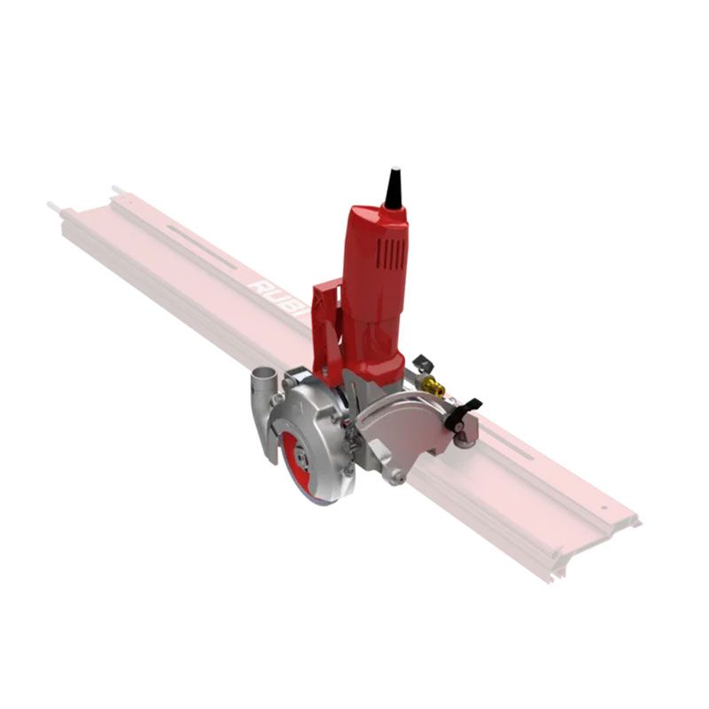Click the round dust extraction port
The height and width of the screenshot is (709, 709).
(x=262, y=380)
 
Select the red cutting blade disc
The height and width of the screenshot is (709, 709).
(x=292, y=465)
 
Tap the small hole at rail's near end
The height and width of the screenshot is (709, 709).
(x=605, y=508)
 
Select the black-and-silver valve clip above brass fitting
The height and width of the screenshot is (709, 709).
(x=422, y=363)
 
